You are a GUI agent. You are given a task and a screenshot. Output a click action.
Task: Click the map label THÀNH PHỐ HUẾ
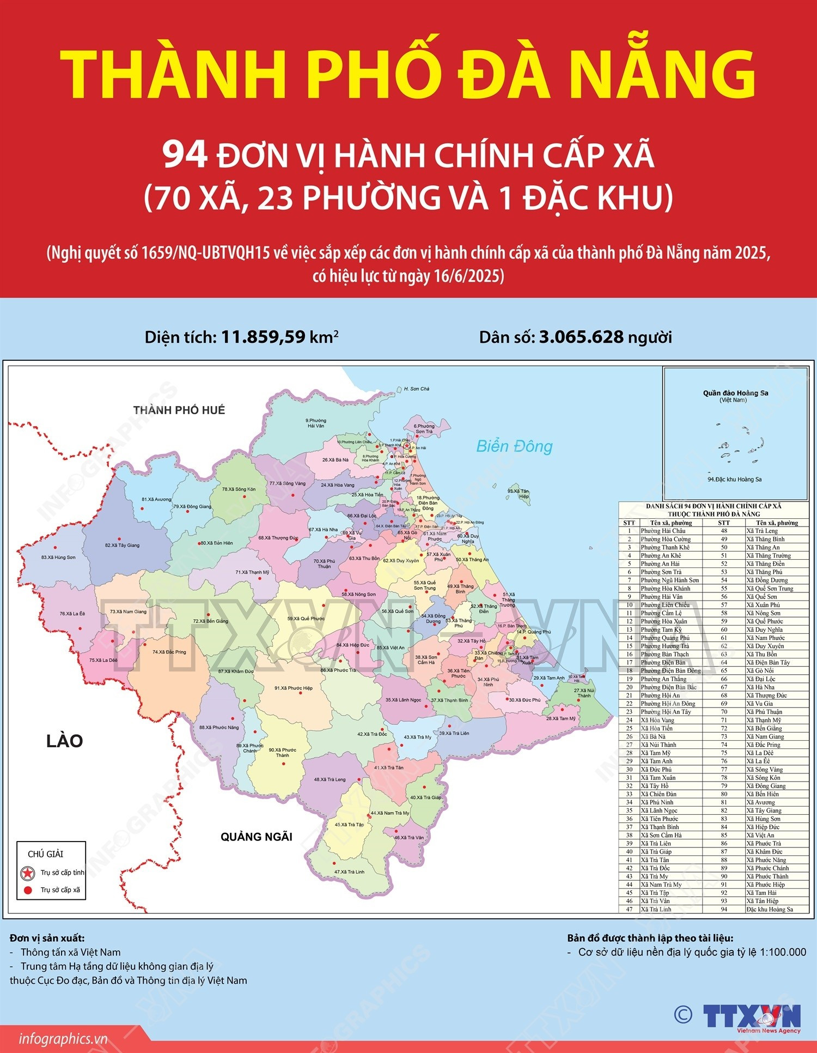point(179,410)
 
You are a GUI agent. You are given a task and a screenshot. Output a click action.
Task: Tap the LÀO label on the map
point(64,741)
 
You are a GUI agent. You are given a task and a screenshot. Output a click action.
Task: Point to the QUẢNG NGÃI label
point(257,837)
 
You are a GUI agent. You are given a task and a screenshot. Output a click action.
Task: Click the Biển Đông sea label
point(514,446)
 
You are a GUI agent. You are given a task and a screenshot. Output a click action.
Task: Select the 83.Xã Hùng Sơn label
point(58,558)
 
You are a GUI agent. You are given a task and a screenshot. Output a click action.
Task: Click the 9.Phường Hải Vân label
point(315,423)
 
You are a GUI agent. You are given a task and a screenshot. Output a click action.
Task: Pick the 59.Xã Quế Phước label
point(306,619)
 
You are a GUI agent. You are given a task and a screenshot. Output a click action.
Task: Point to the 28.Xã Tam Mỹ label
point(560,718)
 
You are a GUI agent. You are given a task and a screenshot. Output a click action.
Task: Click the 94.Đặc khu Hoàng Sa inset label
point(734,480)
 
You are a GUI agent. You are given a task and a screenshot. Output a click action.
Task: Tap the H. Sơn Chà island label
point(416,389)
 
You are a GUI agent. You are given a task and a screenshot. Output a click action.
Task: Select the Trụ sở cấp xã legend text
point(60,890)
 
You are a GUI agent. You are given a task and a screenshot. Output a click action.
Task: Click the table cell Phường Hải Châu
point(663,531)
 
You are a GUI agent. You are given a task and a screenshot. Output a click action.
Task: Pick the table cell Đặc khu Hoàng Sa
point(769,909)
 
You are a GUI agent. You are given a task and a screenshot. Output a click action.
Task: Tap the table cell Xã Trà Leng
point(761,531)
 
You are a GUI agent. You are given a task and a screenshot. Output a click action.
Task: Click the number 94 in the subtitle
point(185,156)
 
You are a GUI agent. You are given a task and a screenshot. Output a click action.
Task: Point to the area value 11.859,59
point(263,337)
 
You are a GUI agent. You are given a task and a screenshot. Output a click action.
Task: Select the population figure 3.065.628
point(581,337)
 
